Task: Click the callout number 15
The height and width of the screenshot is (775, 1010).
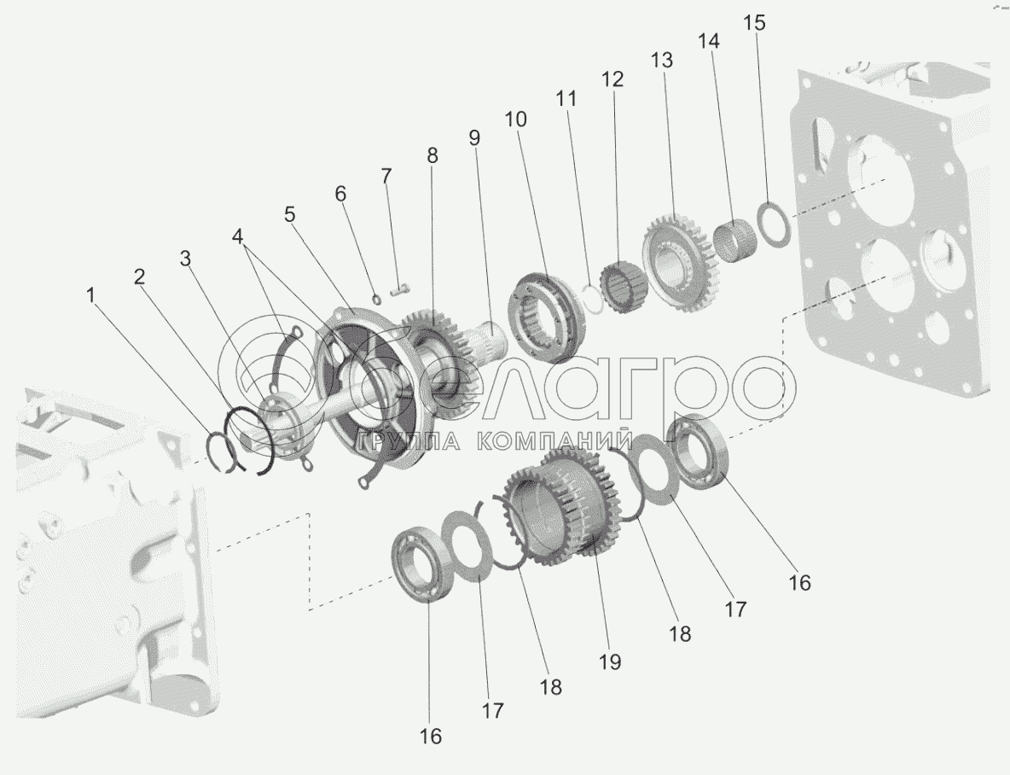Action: pyautogui.click(x=754, y=22)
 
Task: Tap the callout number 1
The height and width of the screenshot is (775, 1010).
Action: pyautogui.click(x=90, y=295)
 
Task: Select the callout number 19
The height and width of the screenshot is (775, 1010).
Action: pyautogui.click(x=610, y=661)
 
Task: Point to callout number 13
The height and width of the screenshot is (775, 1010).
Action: pyautogui.click(x=661, y=60)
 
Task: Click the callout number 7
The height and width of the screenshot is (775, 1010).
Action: pyautogui.click(x=386, y=175)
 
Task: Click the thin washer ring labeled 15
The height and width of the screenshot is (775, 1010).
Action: pyautogui.click(x=772, y=224)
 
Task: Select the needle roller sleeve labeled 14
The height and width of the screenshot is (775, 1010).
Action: pyautogui.click(x=733, y=241)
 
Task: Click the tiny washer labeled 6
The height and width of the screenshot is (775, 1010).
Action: pyautogui.click(x=377, y=298)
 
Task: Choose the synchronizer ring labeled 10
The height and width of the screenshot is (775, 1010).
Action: pyautogui.click(x=548, y=316)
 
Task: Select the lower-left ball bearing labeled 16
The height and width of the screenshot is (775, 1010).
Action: pyautogui.click(x=422, y=563)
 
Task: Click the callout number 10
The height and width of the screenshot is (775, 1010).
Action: pyautogui.click(x=515, y=119)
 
